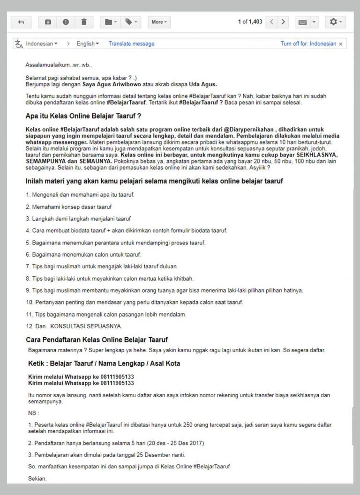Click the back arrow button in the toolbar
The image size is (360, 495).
click(x=21, y=22)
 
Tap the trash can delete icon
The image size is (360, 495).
click(x=84, y=22)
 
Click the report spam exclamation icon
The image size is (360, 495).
click(x=66, y=22)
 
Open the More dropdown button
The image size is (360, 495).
click(x=159, y=22)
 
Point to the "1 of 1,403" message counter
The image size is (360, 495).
click(x=250, y=22)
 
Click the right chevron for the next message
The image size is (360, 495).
click(x=283, y=22)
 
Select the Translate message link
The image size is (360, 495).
click(x=131, y=44)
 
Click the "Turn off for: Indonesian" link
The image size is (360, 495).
click(x=308, y=44)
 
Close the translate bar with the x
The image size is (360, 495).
click(x=341, y=44)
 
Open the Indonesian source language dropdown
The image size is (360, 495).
click(x=41, y=44)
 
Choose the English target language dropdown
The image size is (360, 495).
click(x=88, y=44)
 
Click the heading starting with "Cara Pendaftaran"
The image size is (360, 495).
click(x=97, y=339)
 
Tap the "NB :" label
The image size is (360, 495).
click(x=34, y=413)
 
